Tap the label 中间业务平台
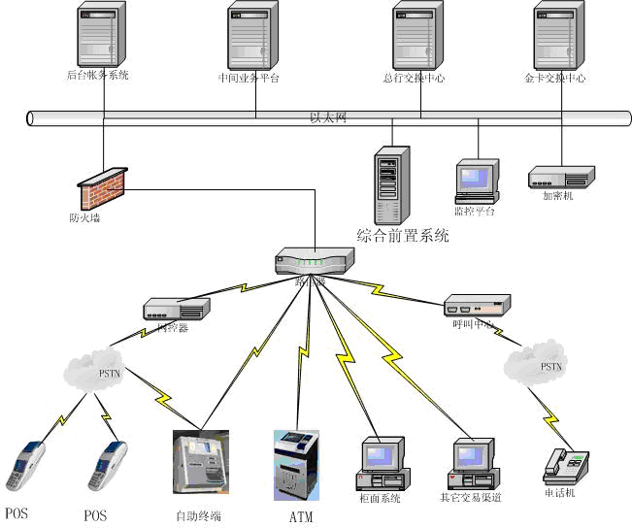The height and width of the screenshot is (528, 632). [x=249, y=79]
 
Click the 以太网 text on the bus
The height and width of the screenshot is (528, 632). [x=328, y=117]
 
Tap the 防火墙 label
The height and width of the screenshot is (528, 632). [x=84, y=218]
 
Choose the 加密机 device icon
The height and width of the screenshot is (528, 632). [x=559, y=177]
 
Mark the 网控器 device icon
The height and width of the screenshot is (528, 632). [x=177, y=310]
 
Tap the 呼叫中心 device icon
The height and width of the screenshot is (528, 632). [x=476, y=304]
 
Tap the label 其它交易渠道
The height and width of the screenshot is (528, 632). [x=470, y=499]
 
